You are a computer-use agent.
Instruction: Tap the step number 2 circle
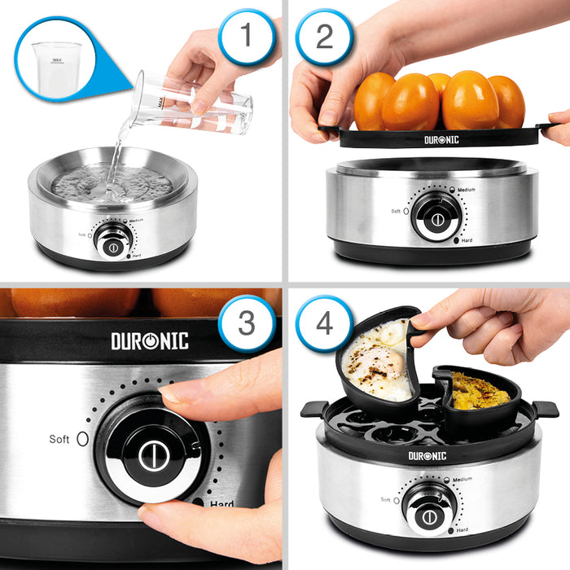324,35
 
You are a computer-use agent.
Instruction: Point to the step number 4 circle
324,323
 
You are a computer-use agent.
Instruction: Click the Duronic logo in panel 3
150,340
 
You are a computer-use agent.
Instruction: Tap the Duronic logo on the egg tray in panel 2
441,140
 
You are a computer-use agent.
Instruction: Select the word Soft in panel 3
59,439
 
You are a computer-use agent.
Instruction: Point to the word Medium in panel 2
466,190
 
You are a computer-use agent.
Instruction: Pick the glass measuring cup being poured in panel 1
195,104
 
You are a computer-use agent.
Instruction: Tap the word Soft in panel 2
396,211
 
